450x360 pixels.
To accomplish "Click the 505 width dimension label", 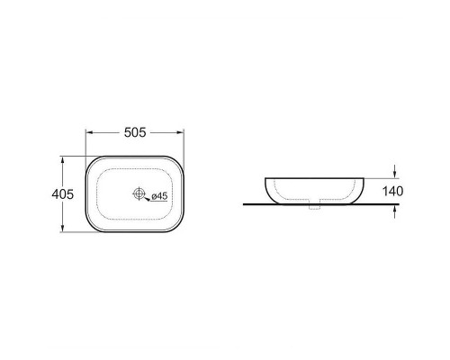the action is click(135, 132).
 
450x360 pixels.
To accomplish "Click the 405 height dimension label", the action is click(62, 194).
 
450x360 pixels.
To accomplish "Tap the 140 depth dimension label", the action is click(392, 191).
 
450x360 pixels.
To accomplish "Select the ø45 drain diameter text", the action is click(159, 196).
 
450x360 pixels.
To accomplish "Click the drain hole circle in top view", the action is click(139, 193).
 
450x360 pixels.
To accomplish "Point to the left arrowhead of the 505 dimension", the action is click(89, 132).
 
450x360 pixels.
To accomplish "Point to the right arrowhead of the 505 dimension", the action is click(180, 132).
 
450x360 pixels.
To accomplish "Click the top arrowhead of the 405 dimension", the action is click(62, 160).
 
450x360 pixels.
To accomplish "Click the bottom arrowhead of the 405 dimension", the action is click(62, 228).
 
